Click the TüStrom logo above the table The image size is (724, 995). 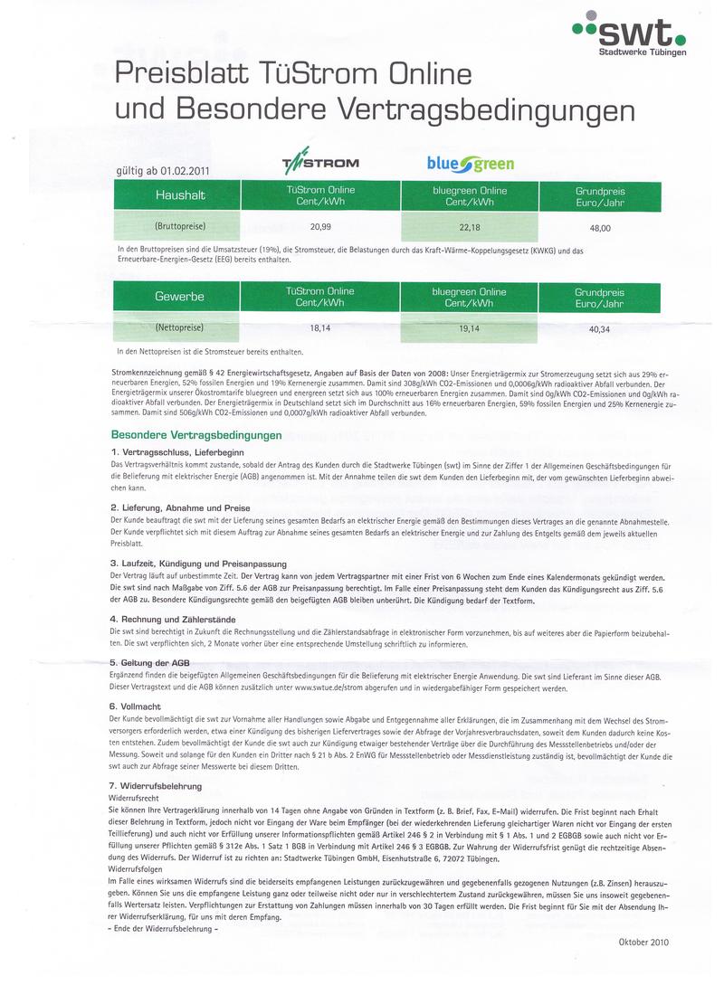click(x=321, y=164)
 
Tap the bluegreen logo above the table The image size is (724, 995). click(x=471, y=164)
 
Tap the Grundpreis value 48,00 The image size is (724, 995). click(x=600, y=229)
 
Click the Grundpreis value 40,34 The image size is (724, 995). click(x=600, y=330)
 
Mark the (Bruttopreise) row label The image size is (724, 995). click(x=180, y=225)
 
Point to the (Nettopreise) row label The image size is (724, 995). click(x=179, y=327)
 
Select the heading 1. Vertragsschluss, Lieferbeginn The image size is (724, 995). click(x=176, y=451)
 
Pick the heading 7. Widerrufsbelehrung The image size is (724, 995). click(x=155, y=787)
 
